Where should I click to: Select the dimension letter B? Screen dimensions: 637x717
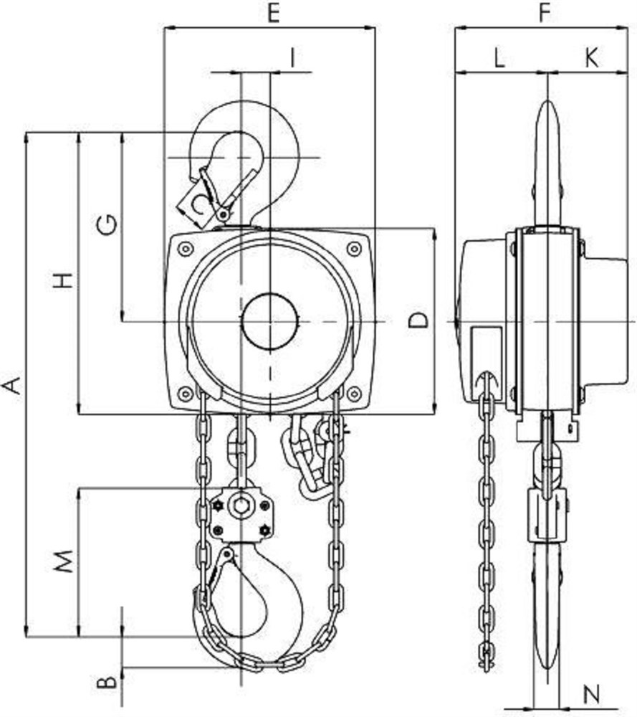(x=107, y=683)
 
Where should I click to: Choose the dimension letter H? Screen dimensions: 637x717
(x=63, y=280)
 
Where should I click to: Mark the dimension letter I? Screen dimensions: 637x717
(x=292, y=58)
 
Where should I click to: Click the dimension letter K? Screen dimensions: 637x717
(x=591, y=58)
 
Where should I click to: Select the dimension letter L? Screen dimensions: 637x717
(x=499, y=58)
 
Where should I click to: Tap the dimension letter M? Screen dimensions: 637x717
(x=63, y=561)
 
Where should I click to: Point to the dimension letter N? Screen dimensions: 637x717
(x=592, y=695)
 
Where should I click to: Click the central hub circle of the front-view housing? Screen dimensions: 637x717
(x=270, y=321)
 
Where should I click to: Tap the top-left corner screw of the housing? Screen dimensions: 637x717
(x=185, y=249)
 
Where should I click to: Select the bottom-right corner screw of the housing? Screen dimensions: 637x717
(x=354, y=393)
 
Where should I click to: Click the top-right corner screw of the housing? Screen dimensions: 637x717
(x=354, y=249)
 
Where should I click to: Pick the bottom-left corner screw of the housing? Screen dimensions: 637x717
(x=185, y=393)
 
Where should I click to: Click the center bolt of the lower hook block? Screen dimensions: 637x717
(x=241, y=505)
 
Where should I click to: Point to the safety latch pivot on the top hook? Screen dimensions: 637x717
(x=224, y=214)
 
